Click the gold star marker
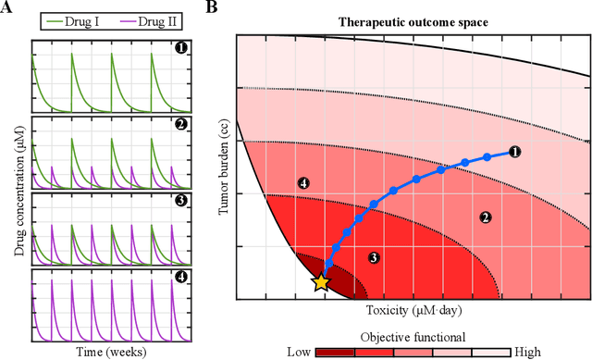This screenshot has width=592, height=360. [321, 283]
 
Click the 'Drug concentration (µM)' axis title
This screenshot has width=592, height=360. [12, 191]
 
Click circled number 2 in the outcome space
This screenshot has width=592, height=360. [483, 217]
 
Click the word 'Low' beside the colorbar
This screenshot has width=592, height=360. [299, 351]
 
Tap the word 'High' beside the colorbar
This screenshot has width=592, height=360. [514, 351]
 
